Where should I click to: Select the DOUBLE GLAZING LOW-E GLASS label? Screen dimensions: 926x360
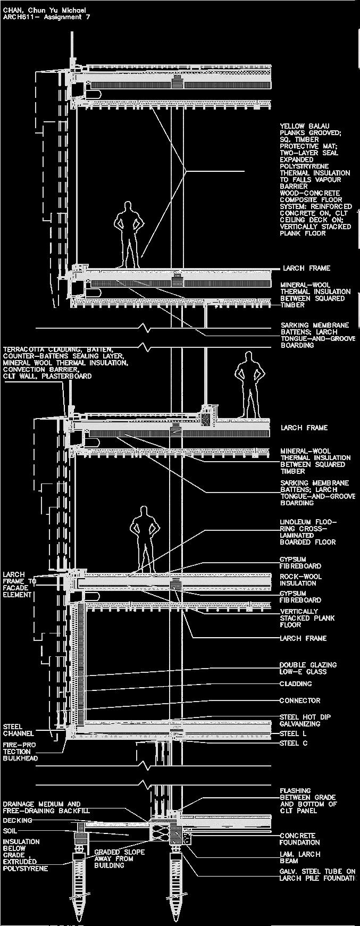308,669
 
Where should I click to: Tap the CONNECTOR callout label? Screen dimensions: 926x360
300,700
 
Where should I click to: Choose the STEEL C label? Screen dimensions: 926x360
294,743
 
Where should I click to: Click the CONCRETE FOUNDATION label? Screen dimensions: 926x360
300,839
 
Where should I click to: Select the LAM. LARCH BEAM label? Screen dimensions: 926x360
300,857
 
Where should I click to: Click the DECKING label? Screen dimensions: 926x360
18,821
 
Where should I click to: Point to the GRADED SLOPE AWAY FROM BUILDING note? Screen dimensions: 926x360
119,858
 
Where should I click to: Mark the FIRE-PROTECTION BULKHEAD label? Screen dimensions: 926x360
20,751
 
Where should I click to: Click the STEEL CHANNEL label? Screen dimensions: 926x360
19,730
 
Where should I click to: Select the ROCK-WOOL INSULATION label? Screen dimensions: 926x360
300,580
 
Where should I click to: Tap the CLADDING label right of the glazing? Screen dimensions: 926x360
296,684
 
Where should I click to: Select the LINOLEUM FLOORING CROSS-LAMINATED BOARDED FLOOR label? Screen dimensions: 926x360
308,532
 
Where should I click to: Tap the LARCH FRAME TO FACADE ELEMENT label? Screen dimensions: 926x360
20,585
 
